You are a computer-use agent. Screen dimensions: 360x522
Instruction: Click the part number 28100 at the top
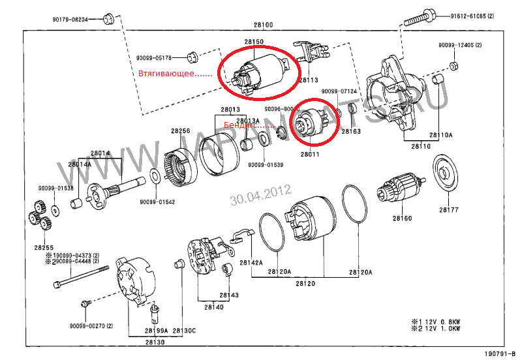263,25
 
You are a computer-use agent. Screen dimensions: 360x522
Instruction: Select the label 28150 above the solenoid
254,42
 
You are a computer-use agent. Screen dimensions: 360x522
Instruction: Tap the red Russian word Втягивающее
176,74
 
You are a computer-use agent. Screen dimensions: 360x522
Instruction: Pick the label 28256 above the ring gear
181,131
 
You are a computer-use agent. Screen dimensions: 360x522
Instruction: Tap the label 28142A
251,263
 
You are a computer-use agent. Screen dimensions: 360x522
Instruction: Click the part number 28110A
441,135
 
